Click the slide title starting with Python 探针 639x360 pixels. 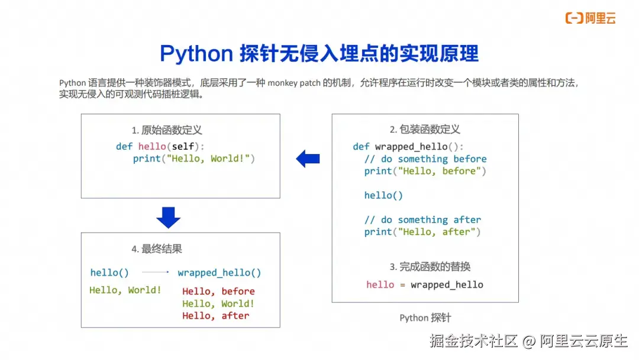click(x=319, y=54)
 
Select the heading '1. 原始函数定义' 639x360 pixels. click(x=167, y=130)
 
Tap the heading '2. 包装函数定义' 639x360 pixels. click(x=425, y=129)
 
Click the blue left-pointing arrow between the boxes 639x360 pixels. click(x=308, y=159)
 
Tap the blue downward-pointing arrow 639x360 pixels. click(x=168, y=217)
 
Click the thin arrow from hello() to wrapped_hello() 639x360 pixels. click(x=156, y=272)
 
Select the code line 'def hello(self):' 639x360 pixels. click(x=163, y=146)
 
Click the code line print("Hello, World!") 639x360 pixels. click(x=193, y=159)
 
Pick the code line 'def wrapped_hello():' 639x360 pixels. click(x=408, y=147)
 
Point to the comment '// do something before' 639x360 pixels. click(x=425, y=159)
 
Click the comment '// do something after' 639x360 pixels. click(x=422, y=220)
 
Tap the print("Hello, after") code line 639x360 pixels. click(x=422, y=232)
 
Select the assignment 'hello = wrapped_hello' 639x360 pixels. click(x=424, y=285)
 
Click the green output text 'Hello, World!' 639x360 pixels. click(x=125, y=290)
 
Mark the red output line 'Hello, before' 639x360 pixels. click(x=218, y=291)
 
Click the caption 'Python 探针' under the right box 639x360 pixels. click(x=425, y=318)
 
